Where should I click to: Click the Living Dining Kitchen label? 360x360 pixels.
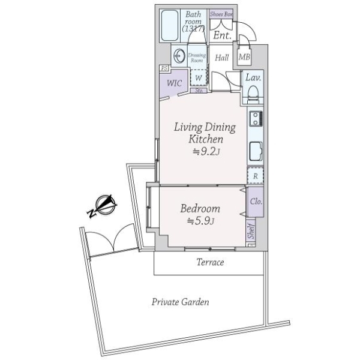click(204, 133)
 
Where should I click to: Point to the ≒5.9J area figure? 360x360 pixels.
click(201, 221)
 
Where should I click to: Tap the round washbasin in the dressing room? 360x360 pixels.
click(179, 56)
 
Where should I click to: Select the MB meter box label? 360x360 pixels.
click(244, 57)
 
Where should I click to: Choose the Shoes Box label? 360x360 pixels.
click(221, 14)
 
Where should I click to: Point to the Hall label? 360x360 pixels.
click(222, 58)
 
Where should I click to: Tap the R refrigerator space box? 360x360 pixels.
click(256, 176)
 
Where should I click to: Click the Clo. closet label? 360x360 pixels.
click(256, 202)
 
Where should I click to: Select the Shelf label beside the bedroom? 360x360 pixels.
click(251, 233)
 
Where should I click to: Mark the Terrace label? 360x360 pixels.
click(210, 262)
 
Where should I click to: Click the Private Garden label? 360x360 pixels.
click(180, 302)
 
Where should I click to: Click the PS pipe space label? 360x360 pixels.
click(163, 68)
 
